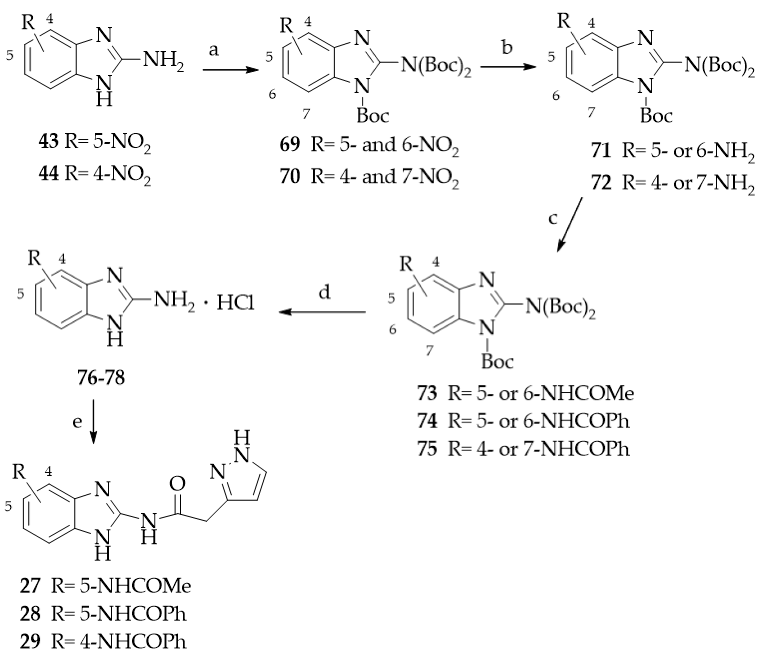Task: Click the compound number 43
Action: pyautogui.click(x=49, y=141)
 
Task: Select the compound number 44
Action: pyautogui.click(x=49, y=174)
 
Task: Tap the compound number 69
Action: pyautogui.click(x=289, y=144)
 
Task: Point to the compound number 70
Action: pyautogui.click(x=289, y=176)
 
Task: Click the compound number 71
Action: pyautogui.click(x=602, y=150)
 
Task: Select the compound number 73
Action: pyautogui.click(x=427, y=393)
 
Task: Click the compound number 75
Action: pyautogui.click(x=427, y=449)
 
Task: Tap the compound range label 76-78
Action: pyautogui.click(x=101, y=378)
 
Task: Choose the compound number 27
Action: pyautogui.click(x=30, y=586)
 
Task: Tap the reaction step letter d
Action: pyautogui.click(x=324, y=293)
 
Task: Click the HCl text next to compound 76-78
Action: pyautogui.click(x=235, y=303)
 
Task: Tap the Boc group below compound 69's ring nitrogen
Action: pyautogui.click(x=372, y=116)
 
